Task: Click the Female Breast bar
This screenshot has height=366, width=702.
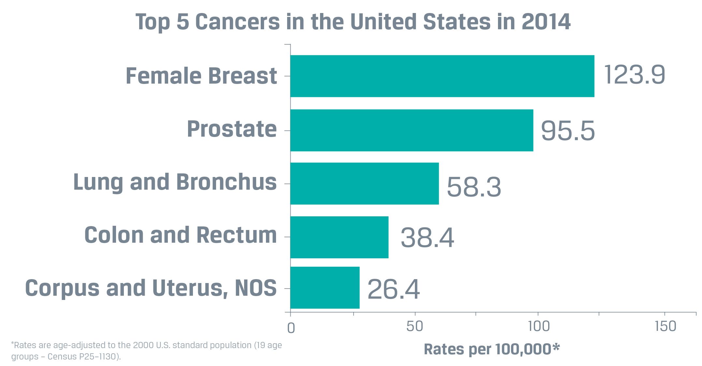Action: click(442, 76)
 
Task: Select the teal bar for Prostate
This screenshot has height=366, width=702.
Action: click(411, 130)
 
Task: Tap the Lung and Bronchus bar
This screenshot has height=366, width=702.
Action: click(364, 184)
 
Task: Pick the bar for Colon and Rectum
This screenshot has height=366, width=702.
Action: click(339, 237)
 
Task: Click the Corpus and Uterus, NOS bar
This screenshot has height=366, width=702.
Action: click(325, 288)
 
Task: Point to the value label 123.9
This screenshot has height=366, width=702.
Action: click(634, 75)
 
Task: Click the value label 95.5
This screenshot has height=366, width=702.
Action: click(568, 131)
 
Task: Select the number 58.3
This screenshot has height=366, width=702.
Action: click(474, 187)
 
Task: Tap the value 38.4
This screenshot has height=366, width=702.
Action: click(427, 238)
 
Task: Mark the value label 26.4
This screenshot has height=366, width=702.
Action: click(393, 289)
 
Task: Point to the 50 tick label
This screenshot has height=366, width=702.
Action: click(415, 326)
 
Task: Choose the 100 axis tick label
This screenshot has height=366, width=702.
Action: click(539, 326)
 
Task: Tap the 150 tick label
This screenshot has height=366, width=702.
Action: click(665, 326)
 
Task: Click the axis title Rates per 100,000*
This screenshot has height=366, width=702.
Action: click(491, 349)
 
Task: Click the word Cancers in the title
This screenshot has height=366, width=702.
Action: click(238, 22)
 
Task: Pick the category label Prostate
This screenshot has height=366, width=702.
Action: click(231, 129)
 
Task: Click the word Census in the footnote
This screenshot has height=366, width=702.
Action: click(62, 357)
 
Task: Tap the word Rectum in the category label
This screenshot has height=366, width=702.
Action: click(237, 235)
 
